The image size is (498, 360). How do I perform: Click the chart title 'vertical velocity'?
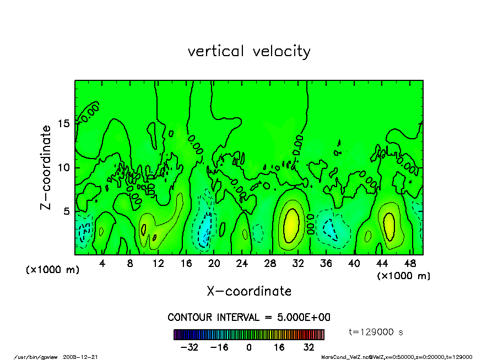click(249, 51)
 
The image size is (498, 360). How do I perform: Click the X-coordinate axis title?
click(249, 291)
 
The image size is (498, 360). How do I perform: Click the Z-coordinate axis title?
click(46, 167)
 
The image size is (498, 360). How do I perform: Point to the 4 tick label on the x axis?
click(102, 264)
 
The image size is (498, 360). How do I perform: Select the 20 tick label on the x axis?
click(214, 264)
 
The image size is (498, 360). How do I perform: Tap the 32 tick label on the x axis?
click(298, 264)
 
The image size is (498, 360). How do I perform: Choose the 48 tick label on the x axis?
click(410, 264)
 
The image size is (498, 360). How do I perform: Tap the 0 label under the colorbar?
click(249, 347)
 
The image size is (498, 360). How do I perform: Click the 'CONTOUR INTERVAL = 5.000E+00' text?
click(249, 318)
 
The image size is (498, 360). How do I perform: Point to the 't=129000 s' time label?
click(376, 332)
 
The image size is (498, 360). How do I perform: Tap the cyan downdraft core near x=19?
click(205, 228)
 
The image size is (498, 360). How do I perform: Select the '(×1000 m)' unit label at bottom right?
click(403, 275)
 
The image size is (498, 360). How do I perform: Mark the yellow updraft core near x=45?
click(389, 223)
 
